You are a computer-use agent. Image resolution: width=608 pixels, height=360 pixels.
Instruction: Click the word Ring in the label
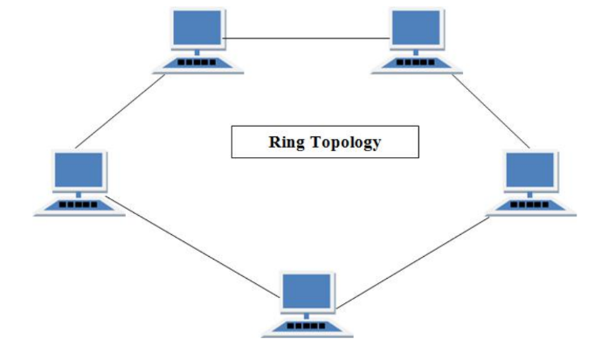point(285,142)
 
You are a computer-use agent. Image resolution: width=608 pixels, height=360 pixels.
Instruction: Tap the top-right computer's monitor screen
point(415,31)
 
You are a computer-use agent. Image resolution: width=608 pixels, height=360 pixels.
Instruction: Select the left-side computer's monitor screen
point(79,170)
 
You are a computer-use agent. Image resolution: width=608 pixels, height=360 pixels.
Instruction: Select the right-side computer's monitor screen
point(531,170)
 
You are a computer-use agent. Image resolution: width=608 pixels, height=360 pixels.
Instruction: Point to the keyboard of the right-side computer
point(530,204)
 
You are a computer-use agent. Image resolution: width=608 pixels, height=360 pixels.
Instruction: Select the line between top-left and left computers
point(121,110)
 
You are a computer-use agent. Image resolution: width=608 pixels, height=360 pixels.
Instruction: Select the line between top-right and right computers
point(491,110)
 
